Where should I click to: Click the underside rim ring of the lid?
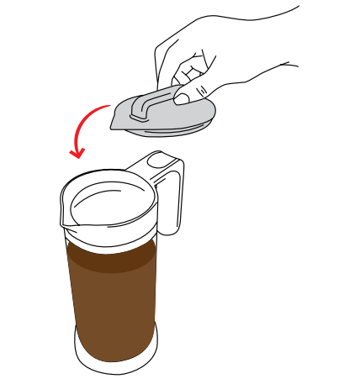(168, 130)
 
